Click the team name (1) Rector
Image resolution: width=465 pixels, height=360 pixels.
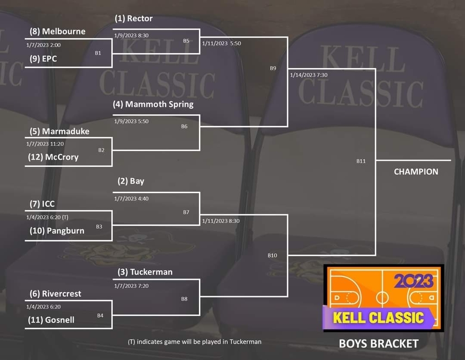click(x=134, y=18)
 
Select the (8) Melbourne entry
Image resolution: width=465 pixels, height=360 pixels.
click(x=58, y=31)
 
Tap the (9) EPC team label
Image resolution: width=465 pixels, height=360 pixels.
click(x=43, y=59)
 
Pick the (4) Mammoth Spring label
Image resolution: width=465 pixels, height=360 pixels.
click(x=153, y=104)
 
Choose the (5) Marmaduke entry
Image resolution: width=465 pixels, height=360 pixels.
click(x=59, y=131)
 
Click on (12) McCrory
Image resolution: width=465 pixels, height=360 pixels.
click(x=53, y=157)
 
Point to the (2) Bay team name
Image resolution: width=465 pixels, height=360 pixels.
click(x=131, y=181)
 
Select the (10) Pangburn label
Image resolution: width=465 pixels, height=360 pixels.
click(x=57, y=230)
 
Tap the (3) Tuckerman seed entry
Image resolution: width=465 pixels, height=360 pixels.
click(x=145, y=272)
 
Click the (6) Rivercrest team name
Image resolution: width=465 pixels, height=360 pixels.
click(x=55, y=294)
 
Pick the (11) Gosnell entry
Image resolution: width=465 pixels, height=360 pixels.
click(x=51, y=320)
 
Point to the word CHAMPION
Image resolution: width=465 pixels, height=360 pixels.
click(x=416, y=172)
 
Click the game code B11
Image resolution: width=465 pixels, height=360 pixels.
click(x=361, y=161)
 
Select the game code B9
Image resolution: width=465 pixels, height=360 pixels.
click(x=273, y=68)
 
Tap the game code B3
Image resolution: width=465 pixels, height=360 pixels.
click(x=99, y=227)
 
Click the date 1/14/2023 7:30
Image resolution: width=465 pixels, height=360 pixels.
click(x=309, y=75)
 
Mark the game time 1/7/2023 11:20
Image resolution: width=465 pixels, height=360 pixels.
click(x=45, y=144)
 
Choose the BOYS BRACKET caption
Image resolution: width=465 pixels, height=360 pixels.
click(x=379, y=344)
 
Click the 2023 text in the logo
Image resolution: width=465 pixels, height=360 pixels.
click(x=413, y=281)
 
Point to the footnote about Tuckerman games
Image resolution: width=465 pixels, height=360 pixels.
click(x=194, y=342)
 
